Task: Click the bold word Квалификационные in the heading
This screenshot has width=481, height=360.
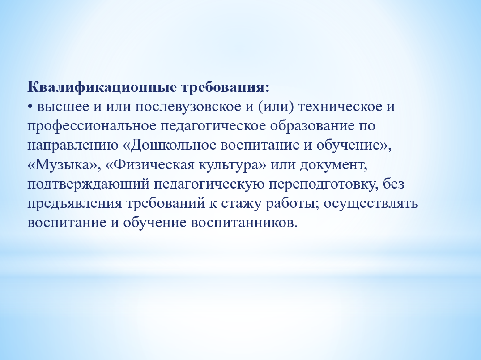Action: [102, 88]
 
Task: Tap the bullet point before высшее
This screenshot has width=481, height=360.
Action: [30, 107]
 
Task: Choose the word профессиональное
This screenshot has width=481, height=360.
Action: [92, 126]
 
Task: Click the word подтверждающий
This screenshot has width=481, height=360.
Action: [89, 184]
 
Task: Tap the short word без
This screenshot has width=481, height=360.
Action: [394, 184]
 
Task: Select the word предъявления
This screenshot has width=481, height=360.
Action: [75, 203]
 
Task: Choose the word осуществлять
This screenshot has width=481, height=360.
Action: [370, 204]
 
